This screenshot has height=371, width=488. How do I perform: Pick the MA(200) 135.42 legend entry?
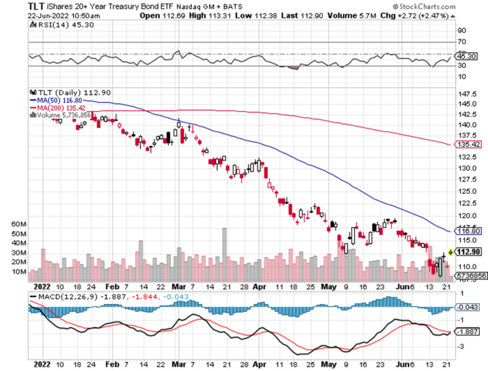(59, 108)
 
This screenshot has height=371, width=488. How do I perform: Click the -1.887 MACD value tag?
(468, 332)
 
